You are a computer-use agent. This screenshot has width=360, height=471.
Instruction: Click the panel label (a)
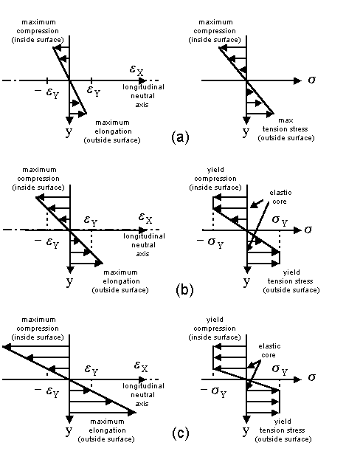(x=180, y=137)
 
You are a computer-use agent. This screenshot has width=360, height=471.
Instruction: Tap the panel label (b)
(x=184, y=290)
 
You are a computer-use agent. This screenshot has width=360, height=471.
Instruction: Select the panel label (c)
(x=181, y=433)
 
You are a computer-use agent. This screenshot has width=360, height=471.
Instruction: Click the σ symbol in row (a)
(x=312, y=80)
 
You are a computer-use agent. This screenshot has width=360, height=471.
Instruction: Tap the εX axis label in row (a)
(x=136, y=70)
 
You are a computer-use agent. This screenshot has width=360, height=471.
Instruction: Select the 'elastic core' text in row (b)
(x=280, y=197)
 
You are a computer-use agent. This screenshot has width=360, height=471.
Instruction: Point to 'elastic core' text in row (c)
(x=269, y=351)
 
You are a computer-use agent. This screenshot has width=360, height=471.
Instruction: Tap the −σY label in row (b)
(x=210, y=242)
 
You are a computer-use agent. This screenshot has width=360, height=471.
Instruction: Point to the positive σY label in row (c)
(x=280, y=369)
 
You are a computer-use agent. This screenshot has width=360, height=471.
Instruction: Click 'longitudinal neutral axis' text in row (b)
(x=144, y=245)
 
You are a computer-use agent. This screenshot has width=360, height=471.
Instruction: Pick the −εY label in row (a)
(x=46, y=92)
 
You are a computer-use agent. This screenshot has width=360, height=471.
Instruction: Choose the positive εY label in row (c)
(x=91, y=369)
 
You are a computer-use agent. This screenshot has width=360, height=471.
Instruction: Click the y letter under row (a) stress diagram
(x=246, y=131)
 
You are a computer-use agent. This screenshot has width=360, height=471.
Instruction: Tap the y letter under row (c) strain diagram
(x=69, y=430)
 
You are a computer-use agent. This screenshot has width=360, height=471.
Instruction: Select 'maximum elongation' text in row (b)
(x=121, y=277)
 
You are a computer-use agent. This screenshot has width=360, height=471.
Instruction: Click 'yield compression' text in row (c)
(x=215, y=324)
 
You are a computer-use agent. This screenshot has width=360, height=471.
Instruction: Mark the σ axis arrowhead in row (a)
(x=297, y=80)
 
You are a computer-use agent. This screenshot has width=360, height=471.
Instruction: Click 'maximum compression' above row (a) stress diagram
(x=215, y=27)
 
